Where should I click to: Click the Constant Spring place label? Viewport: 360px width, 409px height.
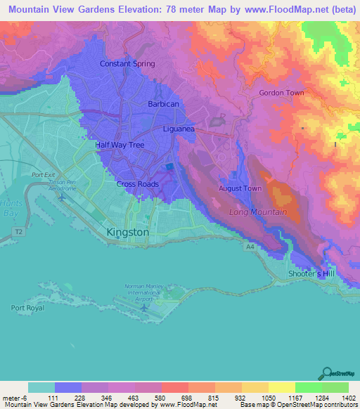127,64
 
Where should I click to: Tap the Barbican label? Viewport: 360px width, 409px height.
164,104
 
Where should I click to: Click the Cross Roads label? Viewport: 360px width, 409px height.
137,184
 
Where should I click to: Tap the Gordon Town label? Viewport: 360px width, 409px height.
281,93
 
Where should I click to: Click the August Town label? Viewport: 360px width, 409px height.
240,188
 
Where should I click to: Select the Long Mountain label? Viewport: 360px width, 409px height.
258,212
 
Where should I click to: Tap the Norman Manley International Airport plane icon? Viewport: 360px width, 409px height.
144,307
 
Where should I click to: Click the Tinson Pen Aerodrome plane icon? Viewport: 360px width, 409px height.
63,195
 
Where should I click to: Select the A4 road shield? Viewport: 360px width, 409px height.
250,247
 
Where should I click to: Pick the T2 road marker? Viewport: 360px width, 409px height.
18,230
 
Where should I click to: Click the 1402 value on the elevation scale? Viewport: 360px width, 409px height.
349,397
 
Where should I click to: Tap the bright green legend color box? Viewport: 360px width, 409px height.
308,387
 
